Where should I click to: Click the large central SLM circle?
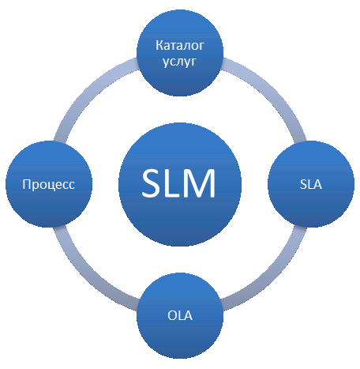pyautogui.click(x=180, y=184)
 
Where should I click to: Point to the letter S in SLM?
pyautogui.click(x=152, y=183)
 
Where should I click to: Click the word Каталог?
pyautogui.click(x=180, y=45)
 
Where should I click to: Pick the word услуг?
pyautogui.click(x=180, y=62)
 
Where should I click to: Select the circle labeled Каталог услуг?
pyautogui.click(x=180, y=52)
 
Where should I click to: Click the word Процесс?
pyautogui.click(x=49, y=184)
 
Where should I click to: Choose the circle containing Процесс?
pyautogui.click(x=49, y=184)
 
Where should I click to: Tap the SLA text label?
pyautogui.click(x=311, y=184)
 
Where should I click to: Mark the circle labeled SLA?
pyautogui.click(x=311, y=184)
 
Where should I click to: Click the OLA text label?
pyautogui.click(x=180, y=315)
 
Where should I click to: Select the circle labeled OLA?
pyautogui.click(x=180, y=315)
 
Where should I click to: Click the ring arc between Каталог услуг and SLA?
pyautogui.click(x=273, y=92)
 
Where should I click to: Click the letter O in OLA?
pyautogui.click(x=173, y=315)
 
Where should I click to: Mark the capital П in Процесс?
pyautogui.click(x=27, y=184)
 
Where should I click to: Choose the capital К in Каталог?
pyautogui.click(x=159, y=45)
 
